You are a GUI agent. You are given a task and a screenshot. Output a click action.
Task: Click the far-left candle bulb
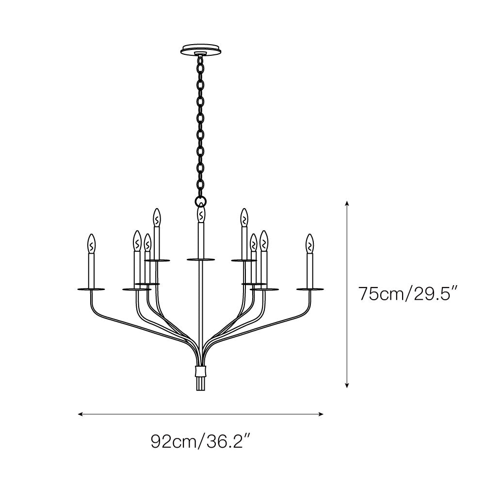(91, 244)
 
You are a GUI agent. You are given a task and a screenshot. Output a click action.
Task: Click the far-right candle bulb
(310, 244)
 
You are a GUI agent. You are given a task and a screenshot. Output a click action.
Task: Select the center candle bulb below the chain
(200, 215)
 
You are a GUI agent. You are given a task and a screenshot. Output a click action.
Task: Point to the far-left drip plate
(91, 289)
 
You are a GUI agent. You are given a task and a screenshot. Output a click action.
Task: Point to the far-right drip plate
(310, 289)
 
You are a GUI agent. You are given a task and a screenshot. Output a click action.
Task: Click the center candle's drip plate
(200, 260)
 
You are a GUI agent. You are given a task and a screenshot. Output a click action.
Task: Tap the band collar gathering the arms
(200, 372)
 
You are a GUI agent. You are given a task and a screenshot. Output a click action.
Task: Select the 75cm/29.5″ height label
(407, 294)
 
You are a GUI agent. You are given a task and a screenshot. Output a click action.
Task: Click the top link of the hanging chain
(200, 61)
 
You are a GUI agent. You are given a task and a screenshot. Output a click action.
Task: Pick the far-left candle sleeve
(91, 270)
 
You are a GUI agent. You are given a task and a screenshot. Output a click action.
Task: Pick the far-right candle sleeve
(310, 270)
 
